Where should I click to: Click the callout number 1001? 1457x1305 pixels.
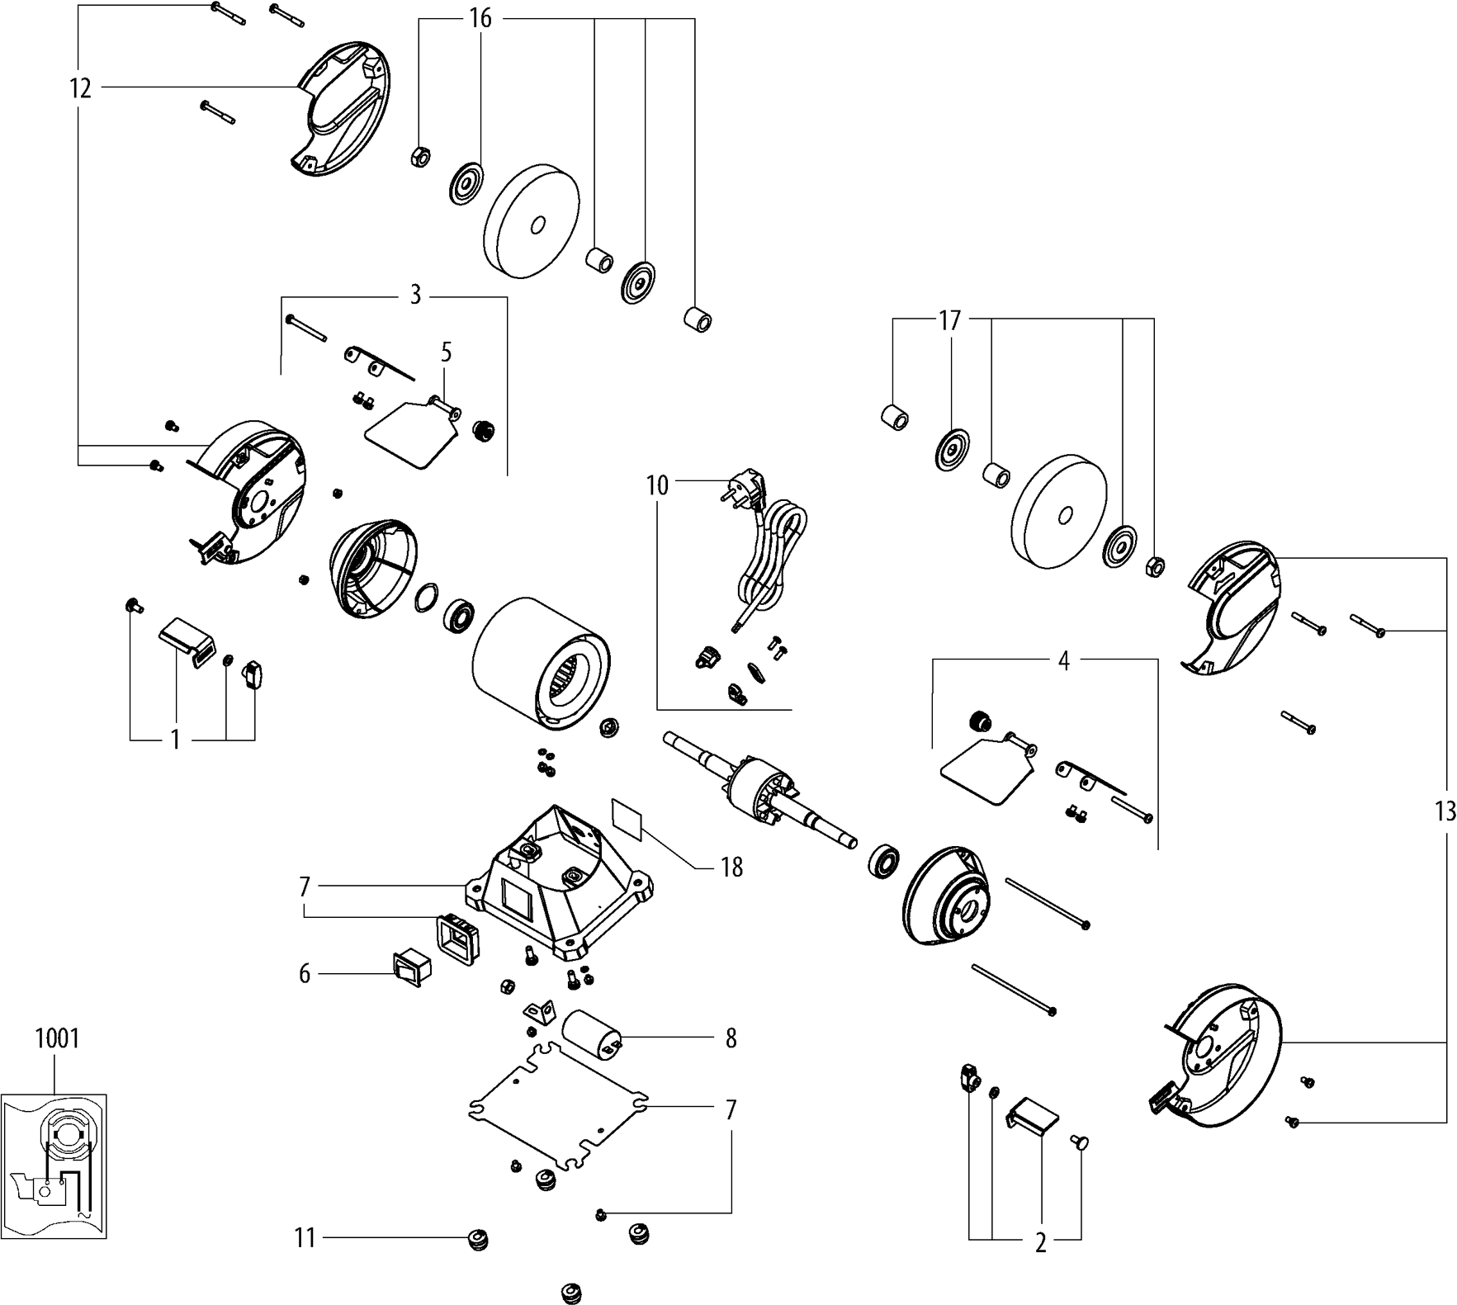57,1038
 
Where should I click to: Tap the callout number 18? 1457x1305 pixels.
731,868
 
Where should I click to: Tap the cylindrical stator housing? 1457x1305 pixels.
541,662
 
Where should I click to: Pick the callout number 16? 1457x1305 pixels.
480,18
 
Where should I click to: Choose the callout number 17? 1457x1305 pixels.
950,320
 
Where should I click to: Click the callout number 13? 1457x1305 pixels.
1445,811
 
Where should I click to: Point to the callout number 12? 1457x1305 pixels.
80,87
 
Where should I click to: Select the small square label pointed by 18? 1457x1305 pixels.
628,817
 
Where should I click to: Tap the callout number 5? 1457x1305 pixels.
447,353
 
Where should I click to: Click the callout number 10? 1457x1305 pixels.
657,485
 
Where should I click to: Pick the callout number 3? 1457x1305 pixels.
415,296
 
